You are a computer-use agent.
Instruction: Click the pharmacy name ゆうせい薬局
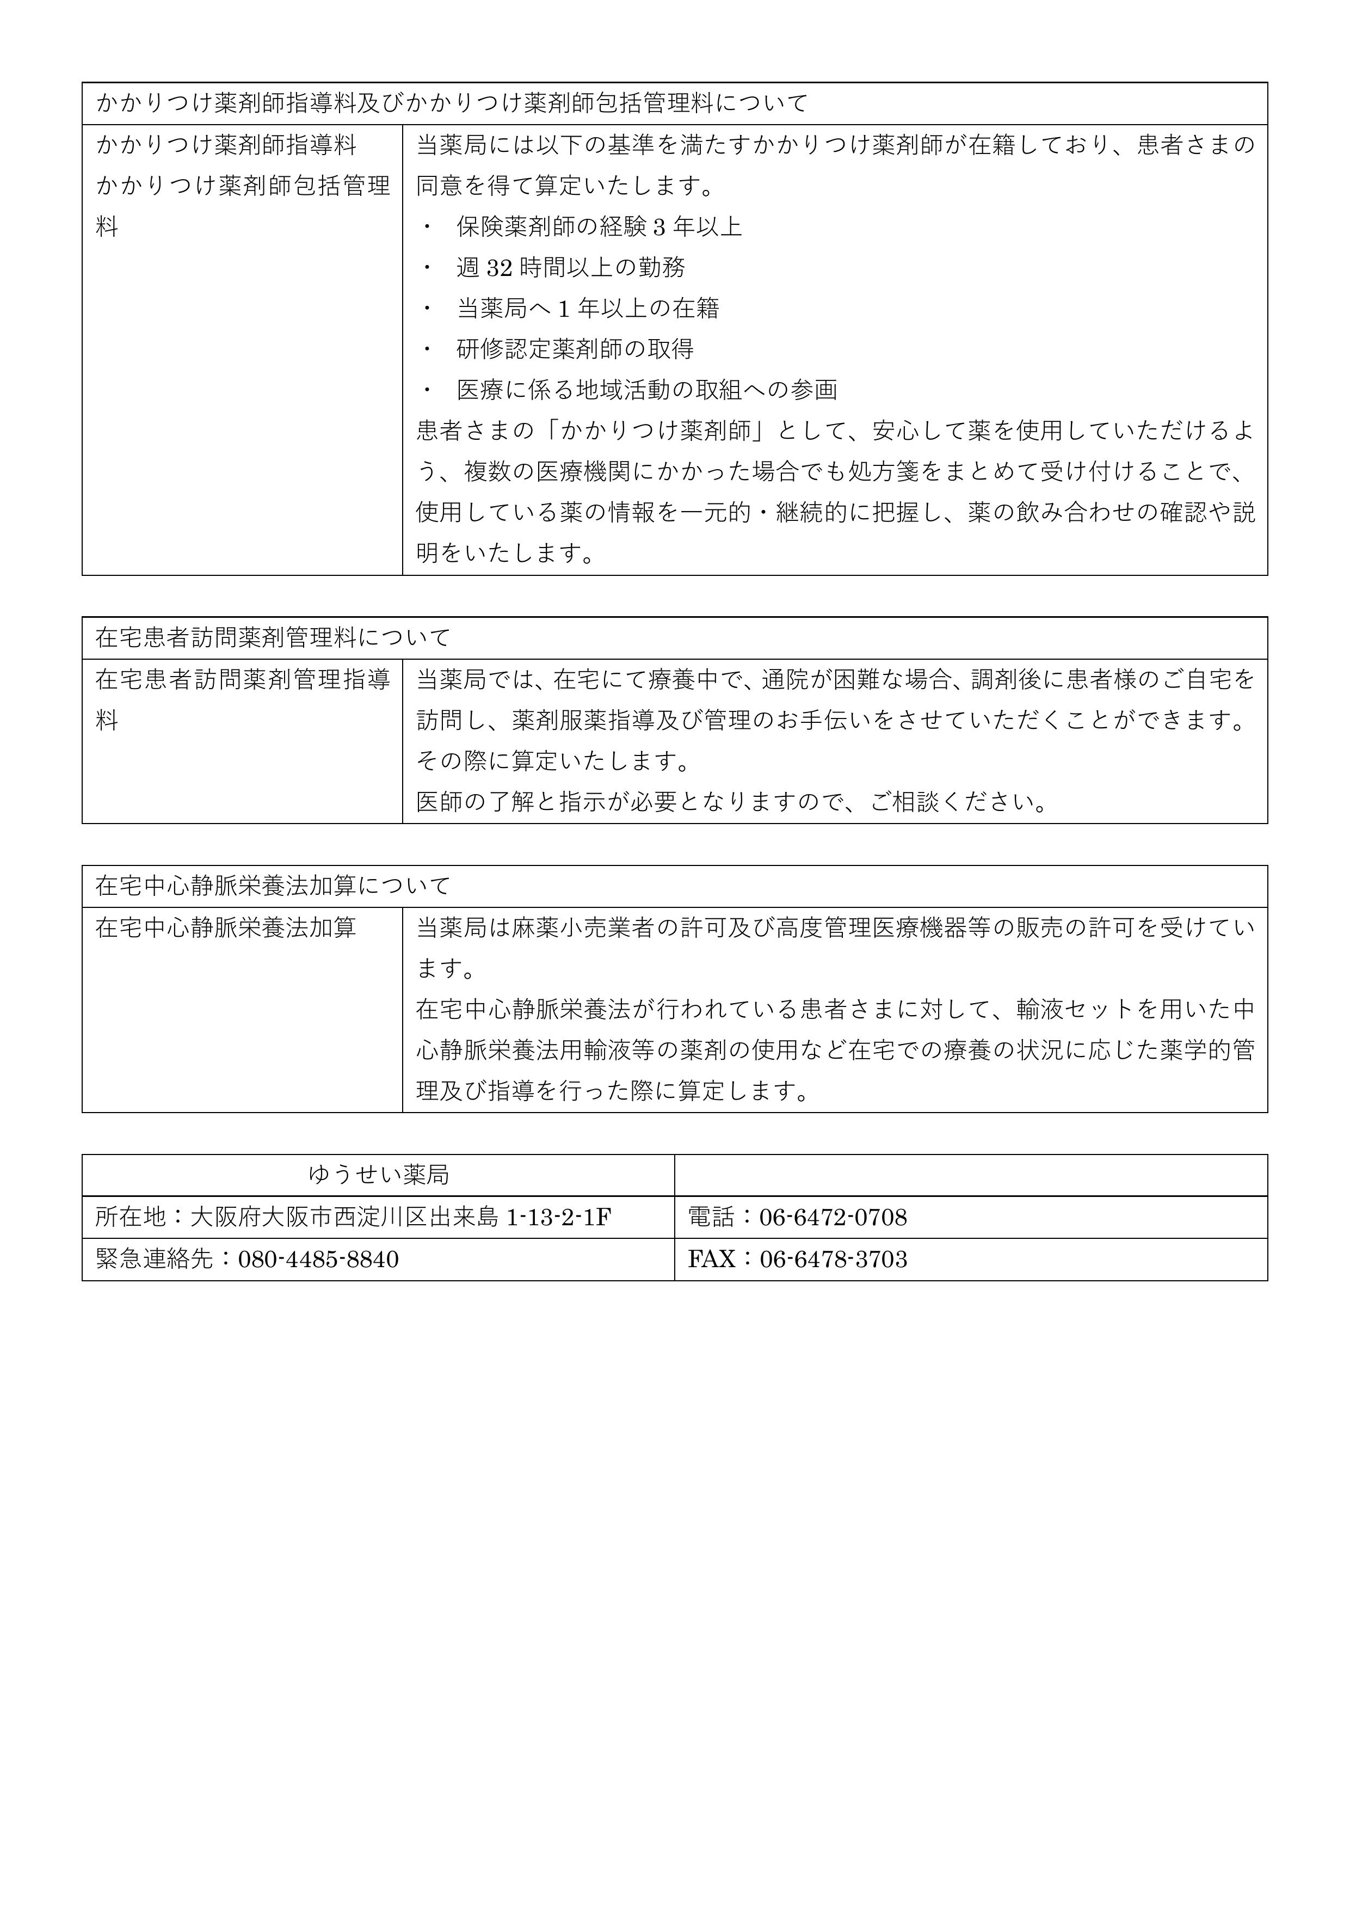pyautogui.click(x=379, y=1175)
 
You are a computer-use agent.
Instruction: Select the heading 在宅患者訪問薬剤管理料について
pyautogui.click(x=273, y=637)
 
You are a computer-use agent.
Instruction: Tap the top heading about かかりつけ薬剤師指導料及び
pyautogui.click(x=452, y=103)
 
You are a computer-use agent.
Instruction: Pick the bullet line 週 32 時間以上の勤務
pyautogui.click(x=571, y=267)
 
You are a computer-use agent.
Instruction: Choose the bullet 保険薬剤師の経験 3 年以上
pyautogui.click(x=599, y=226)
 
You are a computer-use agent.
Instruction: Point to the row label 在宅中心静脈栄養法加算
pyautogui.click(x=225, y=927)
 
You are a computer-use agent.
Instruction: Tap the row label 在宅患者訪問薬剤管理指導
pyautogui.click(x=242, y=680)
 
